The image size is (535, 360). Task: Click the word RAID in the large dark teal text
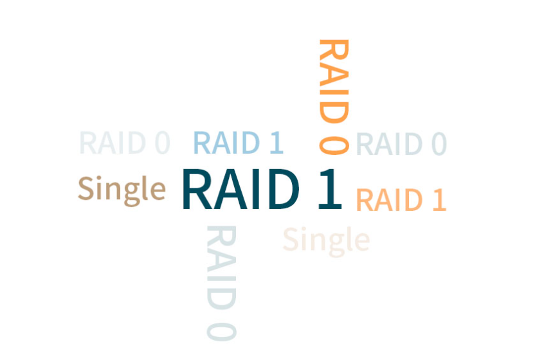(241, 189)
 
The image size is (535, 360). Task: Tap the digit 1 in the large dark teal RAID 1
(330, 189)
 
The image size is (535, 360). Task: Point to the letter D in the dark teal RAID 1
(284, 189)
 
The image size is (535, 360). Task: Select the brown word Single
(122, 191)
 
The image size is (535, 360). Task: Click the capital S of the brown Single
(86, 188)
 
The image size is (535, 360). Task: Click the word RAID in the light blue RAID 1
(226, 143)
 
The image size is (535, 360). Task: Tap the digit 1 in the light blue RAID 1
(277, 143)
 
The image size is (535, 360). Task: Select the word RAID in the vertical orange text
(334, 81)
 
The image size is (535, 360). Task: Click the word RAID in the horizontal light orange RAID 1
(389, 200)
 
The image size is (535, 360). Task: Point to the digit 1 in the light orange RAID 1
(439, 200)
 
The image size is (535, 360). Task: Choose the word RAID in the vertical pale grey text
(221, 267)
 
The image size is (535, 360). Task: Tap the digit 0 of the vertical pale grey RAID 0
(221, 332)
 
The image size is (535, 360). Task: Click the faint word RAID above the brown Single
(113, 143)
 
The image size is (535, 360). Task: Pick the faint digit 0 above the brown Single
(163, 143)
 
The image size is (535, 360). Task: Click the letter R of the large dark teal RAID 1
(197, 189)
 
